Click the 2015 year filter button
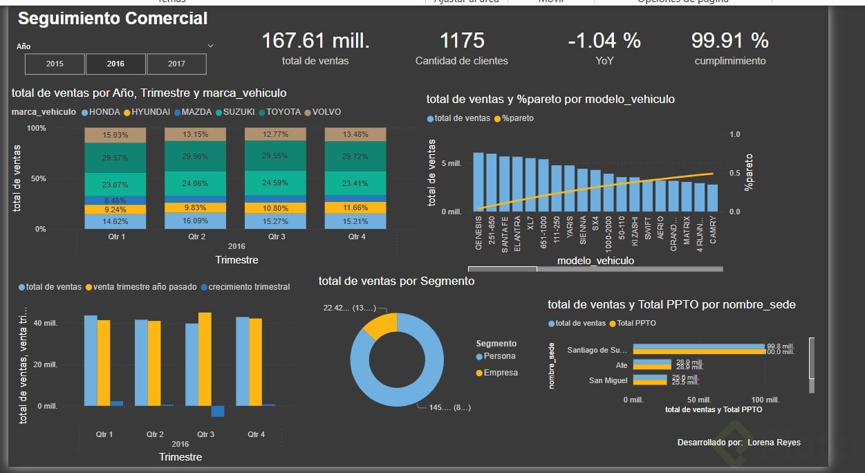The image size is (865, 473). [x=55, y=64]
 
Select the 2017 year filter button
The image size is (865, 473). [x=176, y=64]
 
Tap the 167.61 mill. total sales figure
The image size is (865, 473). [x=315, y=41]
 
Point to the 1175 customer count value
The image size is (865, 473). [x=462, y=41]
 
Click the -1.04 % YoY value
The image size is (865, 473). [x=604, y=41]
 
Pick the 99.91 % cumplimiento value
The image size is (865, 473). [x=730, y=41]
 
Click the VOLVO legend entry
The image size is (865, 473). [x=326, y=112]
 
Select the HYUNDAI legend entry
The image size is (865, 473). [x=150, y=112]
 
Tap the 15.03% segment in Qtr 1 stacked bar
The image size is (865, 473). [x=115, y=135]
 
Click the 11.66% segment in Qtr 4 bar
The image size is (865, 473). [x=355, y=207]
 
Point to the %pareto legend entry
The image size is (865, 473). [x=517, y=118]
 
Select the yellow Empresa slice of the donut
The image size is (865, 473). [x=380, y=325]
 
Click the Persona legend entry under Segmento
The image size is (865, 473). [x=499, y=356]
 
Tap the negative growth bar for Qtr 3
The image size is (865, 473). [x=218, y=411]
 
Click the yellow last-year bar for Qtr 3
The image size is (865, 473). [x=205, y=359]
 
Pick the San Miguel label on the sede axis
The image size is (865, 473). [x=608, y=380]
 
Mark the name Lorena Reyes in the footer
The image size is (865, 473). [x=774, y=442]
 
